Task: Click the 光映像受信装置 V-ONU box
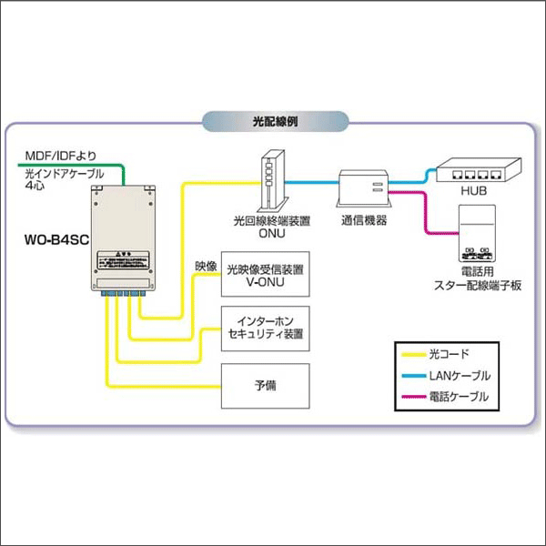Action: pyautogui.click(x=267, y=277)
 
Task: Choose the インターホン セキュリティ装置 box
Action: pyautogui.click(x=267, y=329)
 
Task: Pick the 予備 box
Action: pyautogui.click(x=267, y=385)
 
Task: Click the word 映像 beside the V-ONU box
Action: pyautogui.click(x=206, y=268)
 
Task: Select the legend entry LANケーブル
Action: pyautogui.click(x=460, y=375)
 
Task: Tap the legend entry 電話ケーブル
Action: pyautogui.click(x=460, y=397)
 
